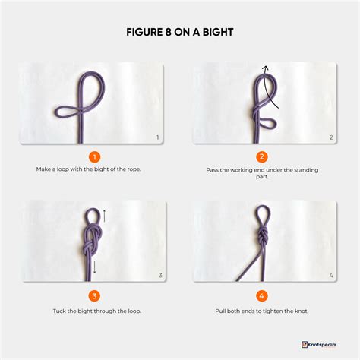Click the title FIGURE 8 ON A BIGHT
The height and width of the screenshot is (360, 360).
(180, 33)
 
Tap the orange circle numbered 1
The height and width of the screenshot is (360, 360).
(94, 156)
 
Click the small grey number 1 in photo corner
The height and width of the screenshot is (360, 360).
(157, 137)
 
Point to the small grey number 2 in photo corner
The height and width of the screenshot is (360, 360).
(330, 137)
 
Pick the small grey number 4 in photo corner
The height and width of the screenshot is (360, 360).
(330, 275)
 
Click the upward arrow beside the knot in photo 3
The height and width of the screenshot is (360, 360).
(104, 216)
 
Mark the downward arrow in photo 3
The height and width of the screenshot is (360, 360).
(96, 265)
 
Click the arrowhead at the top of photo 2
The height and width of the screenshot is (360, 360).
(265, 69)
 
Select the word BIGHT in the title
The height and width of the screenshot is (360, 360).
(214, 33)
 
